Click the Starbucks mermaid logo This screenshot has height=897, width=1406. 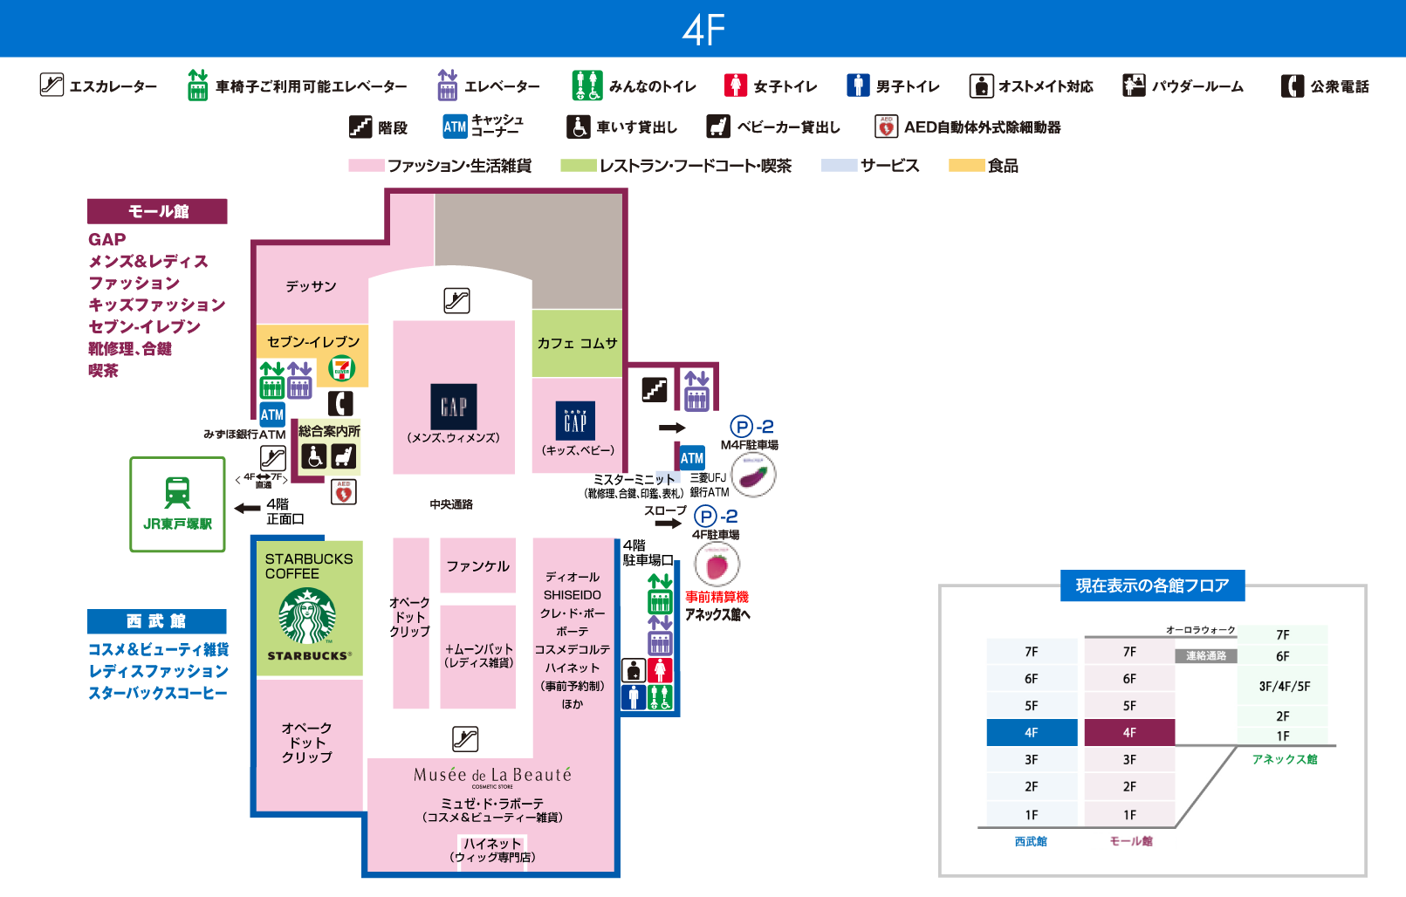307,616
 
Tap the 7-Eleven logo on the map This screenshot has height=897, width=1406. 341,368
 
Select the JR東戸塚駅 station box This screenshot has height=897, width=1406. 177,504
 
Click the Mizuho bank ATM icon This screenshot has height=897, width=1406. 272,414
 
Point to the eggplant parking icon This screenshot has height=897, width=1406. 753,476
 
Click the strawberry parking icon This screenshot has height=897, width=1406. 717,565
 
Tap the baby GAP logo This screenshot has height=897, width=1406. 575,421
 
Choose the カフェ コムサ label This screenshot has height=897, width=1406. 577,343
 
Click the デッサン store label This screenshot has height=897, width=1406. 311,286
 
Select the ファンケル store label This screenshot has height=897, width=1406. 477,566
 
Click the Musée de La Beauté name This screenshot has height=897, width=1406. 492,775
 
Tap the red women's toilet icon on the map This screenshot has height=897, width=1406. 660,670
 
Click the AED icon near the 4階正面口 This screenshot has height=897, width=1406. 344,492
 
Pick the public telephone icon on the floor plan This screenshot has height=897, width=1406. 340,403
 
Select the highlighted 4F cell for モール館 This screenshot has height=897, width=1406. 1129,732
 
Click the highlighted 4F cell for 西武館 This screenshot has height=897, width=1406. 1032,732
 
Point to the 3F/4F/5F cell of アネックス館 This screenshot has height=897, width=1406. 1284,686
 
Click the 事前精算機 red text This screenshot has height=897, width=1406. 717,597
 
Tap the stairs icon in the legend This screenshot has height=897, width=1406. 360,127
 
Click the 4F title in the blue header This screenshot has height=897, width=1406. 703,30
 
